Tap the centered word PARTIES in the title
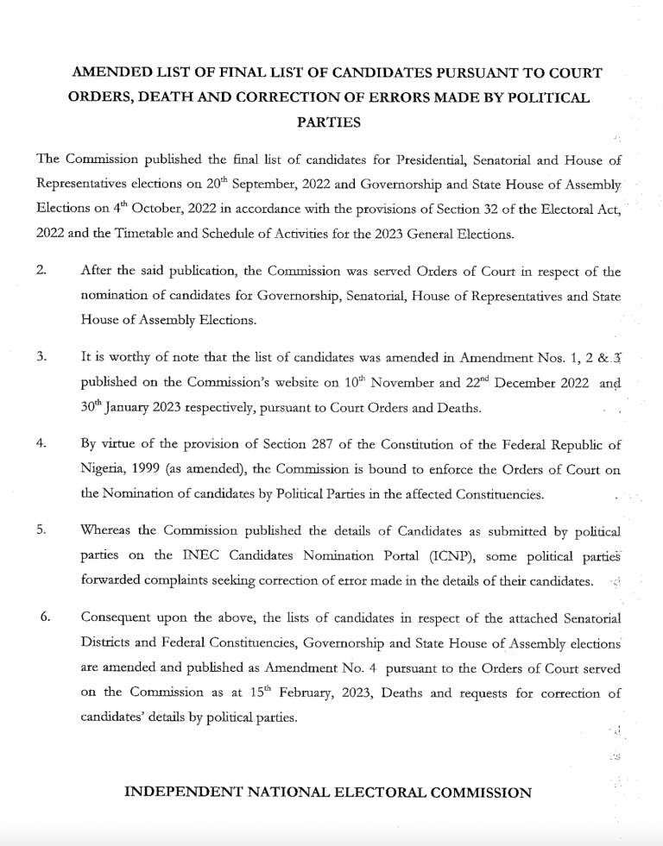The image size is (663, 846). [328, 122]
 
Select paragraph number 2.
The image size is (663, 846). [41, 272]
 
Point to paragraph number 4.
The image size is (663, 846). [41, 444]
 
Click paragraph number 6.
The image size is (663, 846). [47, 617]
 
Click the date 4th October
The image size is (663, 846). [124, 209]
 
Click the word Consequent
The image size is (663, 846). [117, 617]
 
